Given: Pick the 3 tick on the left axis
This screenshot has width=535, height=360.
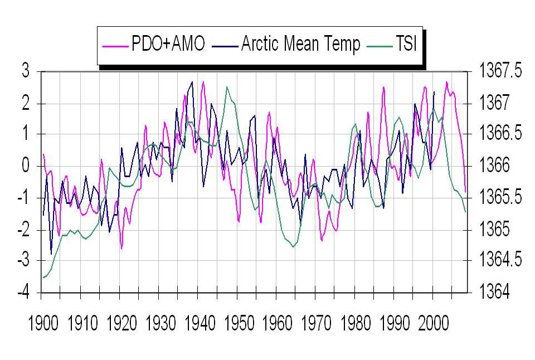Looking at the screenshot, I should (x=25, y=71).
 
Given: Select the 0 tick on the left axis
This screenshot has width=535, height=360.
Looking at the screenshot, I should (x=25, y=166).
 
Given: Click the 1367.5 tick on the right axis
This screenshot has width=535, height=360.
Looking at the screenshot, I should (x=501, y=71).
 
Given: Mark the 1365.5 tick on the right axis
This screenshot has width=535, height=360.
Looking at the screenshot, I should (x=501, y=198).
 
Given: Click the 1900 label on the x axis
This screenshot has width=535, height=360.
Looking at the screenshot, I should (x=43, y=324).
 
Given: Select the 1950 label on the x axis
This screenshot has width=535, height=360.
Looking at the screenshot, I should (x=239, y=324).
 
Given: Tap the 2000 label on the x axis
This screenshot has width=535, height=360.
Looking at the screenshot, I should (x=434, y=324).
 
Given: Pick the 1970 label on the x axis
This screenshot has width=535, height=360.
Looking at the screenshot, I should (x=317, y=324).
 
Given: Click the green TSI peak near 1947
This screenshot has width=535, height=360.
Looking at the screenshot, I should (x=227, y=87).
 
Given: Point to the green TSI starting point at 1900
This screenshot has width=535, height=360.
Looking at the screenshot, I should (x=42, y=278).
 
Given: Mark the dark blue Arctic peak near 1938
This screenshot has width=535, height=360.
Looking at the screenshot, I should (x=192, y=82).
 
